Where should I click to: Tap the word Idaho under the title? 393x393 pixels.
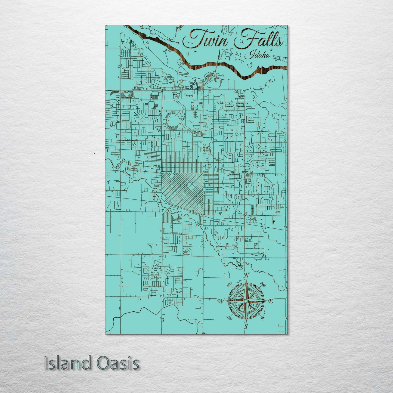(257, 55)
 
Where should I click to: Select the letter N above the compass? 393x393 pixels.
(246, 276)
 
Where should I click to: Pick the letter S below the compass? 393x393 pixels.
(246, 327)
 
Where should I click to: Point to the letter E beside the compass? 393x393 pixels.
(270, 301)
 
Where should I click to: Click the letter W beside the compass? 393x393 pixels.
(221, 301)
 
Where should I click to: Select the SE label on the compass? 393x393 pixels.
(263, 318)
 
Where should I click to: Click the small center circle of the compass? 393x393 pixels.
(246, 301)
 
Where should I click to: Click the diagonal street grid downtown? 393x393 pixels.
(183, 192)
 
